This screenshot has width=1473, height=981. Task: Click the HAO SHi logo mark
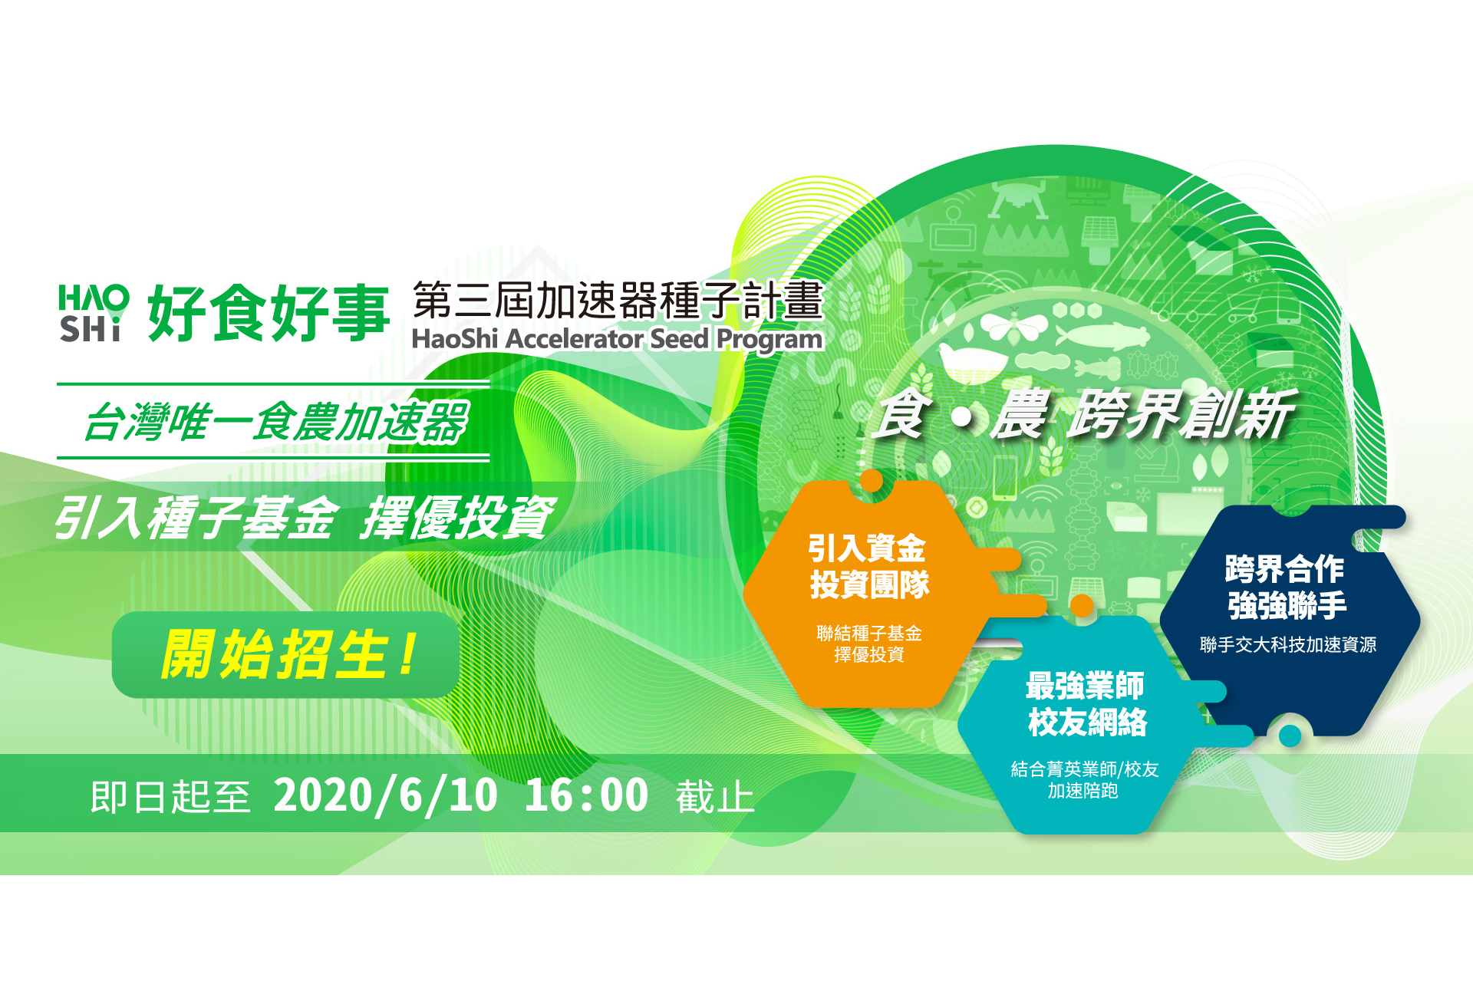[x=94, y=313]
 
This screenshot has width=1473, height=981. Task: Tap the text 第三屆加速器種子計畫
[x=618, y=300]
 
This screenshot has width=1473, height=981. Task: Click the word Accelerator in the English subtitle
[x=575, y=338]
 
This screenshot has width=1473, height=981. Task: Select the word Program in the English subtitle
[x=769, y=340]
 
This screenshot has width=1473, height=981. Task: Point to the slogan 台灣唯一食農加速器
[x=276, y=422]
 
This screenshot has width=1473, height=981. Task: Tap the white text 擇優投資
[x=458, y=518]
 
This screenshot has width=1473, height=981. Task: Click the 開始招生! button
[x=285, y=654]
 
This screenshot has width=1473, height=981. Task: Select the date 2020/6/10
[x=385, y=795]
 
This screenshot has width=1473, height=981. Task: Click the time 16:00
[x=587, y=795]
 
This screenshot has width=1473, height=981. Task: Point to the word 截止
[x=715, y=796]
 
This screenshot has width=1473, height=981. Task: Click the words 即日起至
[x=170, y=796]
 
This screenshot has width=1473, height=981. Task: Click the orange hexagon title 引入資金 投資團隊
[x=868, y=566]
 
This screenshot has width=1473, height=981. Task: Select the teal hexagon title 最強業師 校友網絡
[x=1086, y=703]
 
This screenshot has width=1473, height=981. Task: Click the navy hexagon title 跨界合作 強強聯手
[x=1286, y=587]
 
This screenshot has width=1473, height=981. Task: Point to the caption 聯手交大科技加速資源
[x=1288, y=644]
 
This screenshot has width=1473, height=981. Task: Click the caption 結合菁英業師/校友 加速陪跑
[x=1084, y=779]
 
